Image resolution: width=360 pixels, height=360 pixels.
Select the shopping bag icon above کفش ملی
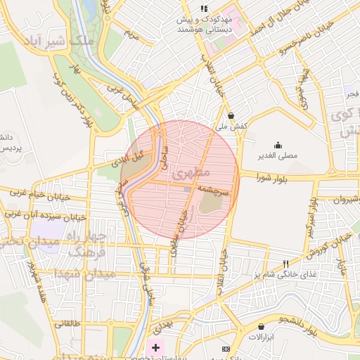click(231, 115)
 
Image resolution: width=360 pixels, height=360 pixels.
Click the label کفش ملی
click(231, 126)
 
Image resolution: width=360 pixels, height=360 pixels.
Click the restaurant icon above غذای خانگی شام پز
click(285, 264)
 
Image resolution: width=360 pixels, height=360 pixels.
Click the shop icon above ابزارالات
click(262, 327)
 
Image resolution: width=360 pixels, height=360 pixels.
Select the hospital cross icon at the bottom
click(155, 348)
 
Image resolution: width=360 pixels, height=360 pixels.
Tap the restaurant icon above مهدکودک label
click(204, 8)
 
